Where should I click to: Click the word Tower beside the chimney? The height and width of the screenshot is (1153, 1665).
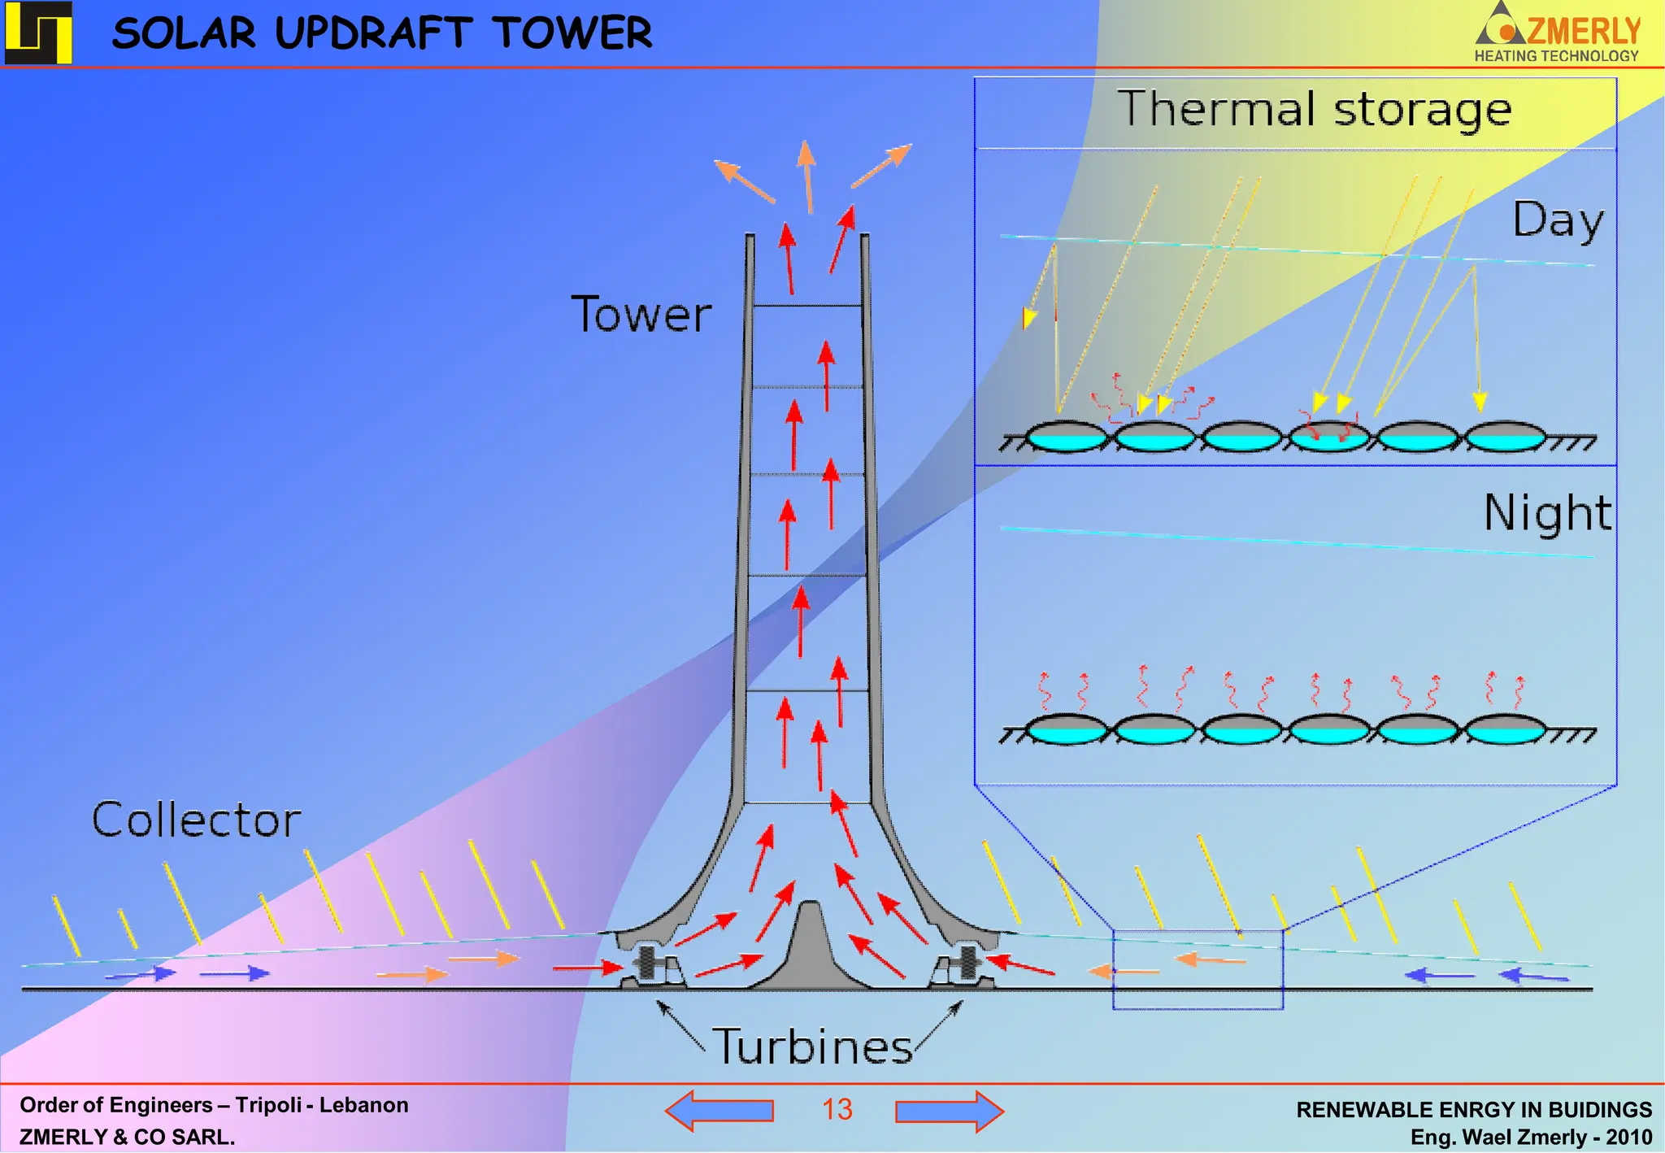[x=641, y=315]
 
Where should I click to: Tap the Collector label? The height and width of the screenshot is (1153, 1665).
[x=196, y=820]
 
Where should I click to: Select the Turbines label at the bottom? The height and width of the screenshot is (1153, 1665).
[x=813, y=1046]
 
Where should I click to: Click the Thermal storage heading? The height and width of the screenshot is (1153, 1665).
[x=1314, y=110]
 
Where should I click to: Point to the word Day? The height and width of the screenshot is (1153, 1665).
[x=1557, y=221]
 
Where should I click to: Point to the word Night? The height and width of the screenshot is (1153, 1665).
[x=1547, y=513]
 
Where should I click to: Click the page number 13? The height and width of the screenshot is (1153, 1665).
[x=837, y=1110]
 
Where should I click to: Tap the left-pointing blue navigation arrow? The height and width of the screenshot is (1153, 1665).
[x=719, y=1111]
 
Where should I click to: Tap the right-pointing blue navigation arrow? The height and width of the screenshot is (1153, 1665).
[x=950, y=1111]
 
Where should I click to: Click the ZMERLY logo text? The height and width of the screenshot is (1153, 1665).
[x=1583, y=31]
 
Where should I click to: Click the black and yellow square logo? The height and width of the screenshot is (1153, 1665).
[x=38, y=33]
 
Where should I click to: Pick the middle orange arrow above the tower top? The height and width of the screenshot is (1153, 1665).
[x=807, y=176]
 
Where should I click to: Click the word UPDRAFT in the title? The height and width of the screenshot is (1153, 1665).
[x=373, y=34]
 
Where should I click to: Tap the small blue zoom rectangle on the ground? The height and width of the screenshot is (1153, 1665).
[x=1198, y=969]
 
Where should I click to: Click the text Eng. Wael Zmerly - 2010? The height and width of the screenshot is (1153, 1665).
[x=1531, y=1137]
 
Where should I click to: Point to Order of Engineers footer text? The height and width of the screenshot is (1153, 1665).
[x=214, y=1105]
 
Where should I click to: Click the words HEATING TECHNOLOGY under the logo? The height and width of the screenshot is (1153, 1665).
[x=1556, y=56]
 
